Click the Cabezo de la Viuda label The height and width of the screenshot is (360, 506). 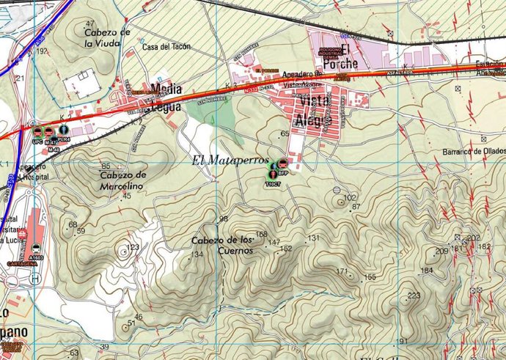coord(107,37)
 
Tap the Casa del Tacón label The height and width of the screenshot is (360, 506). coord(166,47)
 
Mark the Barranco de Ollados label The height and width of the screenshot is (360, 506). coord(474,150)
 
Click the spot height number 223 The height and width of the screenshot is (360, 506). coord(414,295)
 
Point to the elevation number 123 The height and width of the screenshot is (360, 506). coord(133,247)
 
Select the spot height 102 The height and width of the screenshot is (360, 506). coord(349,198)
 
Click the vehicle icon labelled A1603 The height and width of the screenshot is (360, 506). coord(35,247)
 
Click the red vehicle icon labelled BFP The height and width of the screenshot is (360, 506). coord(282,165)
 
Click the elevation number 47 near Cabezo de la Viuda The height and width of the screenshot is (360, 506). coord(89,24)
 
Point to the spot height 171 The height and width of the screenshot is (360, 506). coord(342,271)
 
